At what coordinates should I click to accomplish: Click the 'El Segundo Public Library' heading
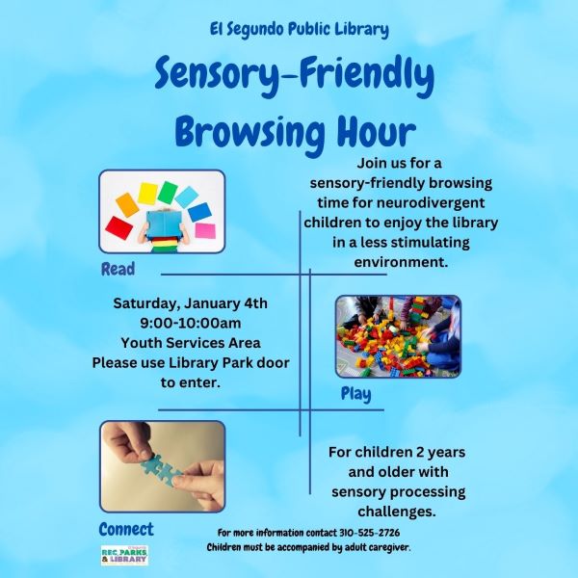point(299,29)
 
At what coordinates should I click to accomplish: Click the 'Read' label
point(118,269)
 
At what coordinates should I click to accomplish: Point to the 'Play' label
point(355,393)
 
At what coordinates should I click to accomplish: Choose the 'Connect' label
point(125,529)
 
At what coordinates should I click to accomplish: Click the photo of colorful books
point(162,212)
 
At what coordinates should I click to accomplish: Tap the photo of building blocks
point(397,336)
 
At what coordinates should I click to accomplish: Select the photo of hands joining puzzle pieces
point(162,465)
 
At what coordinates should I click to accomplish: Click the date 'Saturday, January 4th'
point(191,303)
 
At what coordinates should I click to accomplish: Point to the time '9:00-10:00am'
point(191,323)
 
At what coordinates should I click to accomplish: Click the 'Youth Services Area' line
point(191,342)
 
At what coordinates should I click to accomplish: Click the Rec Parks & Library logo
point(123,556)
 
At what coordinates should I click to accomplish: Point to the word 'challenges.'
point(397,511)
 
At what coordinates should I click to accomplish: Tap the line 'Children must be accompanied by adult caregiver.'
point(308,547)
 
